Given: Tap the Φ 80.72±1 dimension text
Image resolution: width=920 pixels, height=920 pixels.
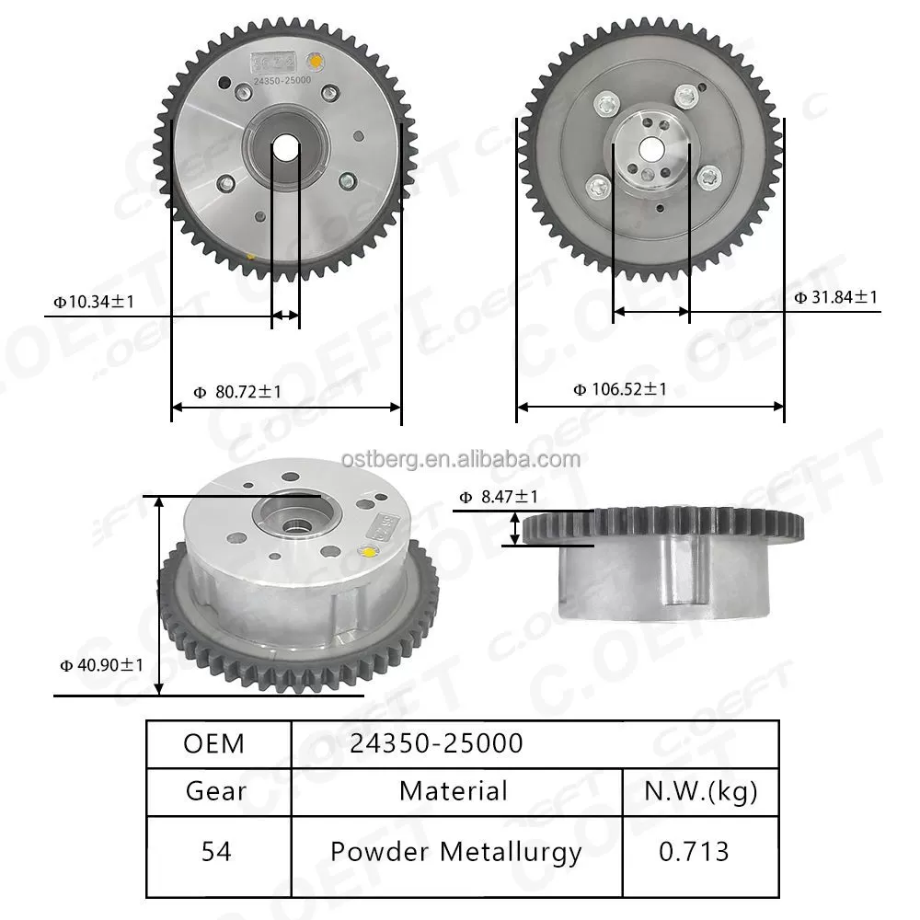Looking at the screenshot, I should (237, 392).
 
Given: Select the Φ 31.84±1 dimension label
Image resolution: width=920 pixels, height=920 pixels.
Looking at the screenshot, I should (835, 296).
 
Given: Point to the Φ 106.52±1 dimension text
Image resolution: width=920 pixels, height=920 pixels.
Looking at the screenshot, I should (620, 389).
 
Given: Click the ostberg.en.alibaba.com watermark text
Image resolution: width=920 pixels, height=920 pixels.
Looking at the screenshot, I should (460, 459).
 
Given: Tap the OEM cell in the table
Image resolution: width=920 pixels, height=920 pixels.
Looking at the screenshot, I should (214, 743).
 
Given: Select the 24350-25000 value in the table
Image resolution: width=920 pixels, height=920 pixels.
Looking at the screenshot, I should (436, 743).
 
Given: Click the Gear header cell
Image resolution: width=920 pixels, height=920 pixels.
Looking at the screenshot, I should (215, 791).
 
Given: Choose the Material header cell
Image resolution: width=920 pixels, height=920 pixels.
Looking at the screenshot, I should (454, 791).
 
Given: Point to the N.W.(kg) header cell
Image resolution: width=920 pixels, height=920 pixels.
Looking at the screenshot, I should (700, 791).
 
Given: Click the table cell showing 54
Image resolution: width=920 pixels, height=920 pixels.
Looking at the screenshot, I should (215, 852).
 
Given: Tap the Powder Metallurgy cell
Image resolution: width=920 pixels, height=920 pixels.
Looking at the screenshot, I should (456, 852).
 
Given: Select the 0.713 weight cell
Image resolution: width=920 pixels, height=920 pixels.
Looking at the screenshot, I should (694, 852).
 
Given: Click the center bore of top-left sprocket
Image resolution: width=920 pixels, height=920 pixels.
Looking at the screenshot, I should (286, 147).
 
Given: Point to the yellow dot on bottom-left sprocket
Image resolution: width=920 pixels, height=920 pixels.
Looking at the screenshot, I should (370, 553).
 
